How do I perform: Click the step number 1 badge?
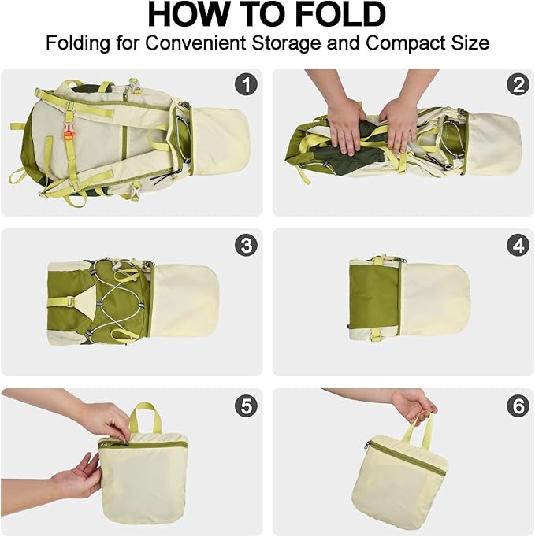click(247, 84)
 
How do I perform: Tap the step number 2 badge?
click(518, 84)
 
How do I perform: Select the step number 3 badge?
click(247, 245)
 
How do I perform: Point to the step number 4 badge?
click(518, 245)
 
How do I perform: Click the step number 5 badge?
click(247, 406)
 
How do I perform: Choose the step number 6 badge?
click(518, 406)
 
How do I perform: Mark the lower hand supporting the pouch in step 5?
click(79, 476)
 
